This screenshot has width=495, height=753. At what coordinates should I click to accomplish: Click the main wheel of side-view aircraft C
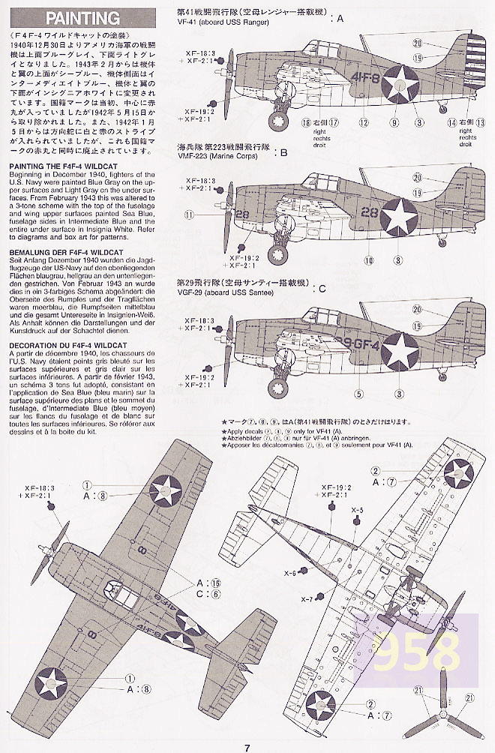279,387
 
